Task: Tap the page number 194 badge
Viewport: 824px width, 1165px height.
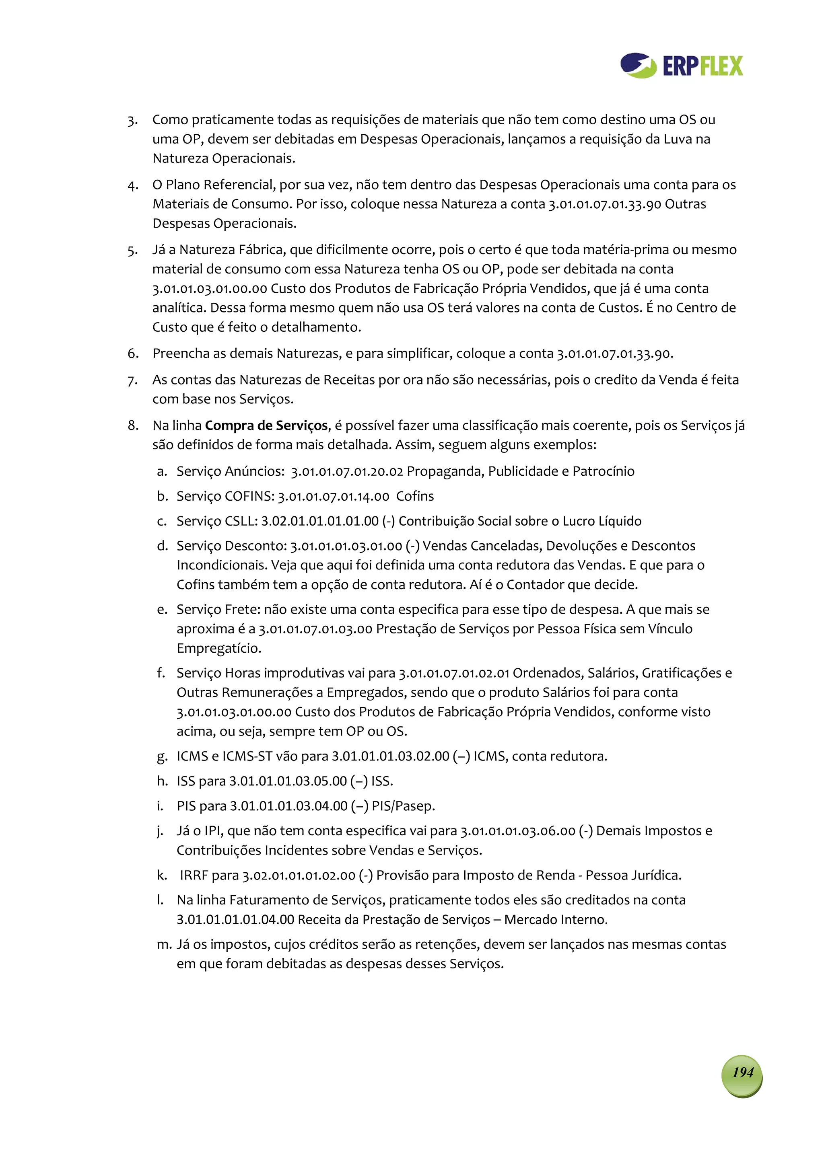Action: coord(742,1072)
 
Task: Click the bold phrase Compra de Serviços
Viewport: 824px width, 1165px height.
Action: coord(266,425)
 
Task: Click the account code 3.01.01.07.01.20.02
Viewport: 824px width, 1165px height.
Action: coord(347,471)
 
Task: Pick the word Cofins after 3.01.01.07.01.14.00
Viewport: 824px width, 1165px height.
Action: coord(415,496)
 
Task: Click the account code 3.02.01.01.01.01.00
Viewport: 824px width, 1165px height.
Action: coord(320,521)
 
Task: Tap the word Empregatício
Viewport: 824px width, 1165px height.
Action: coord(219,649)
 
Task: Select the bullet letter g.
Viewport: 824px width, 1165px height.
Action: coord(162,756)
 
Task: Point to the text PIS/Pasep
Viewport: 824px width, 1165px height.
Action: coord(403,806)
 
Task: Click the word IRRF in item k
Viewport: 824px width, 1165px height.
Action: coord(194,875)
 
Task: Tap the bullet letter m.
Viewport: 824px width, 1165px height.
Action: coord(164,944)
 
